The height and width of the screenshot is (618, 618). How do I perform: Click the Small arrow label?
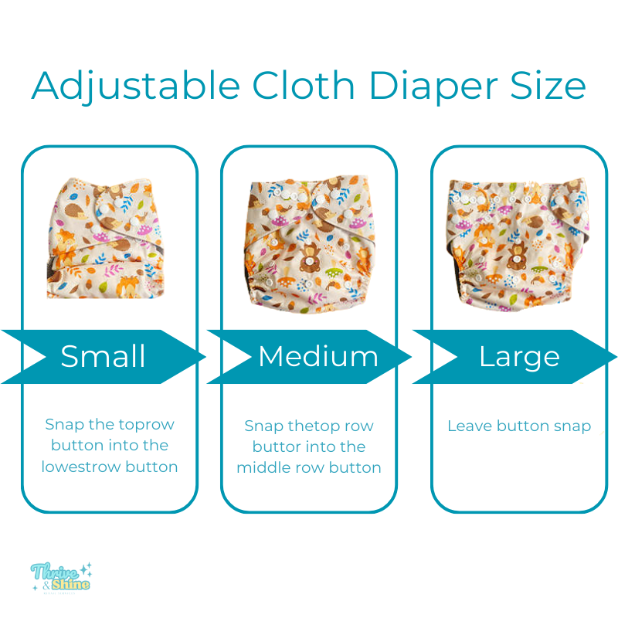(103, 356)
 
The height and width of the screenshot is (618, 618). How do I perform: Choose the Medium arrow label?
(317, 356)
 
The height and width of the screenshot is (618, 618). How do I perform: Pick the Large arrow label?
(518, 356)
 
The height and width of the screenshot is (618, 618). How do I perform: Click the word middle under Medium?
(265, 467)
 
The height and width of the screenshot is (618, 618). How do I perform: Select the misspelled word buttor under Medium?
(277, 447)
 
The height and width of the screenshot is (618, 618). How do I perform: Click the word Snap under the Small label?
(63, 424)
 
